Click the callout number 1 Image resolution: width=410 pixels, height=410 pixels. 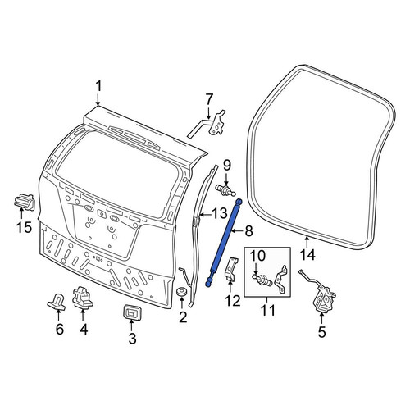coord(98,86)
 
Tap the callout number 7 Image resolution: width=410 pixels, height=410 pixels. coord(209,99)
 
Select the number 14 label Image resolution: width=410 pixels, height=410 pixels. coord(307,255)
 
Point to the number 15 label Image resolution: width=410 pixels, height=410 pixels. coord(25,227)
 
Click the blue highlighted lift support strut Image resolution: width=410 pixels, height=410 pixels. coord(224,243)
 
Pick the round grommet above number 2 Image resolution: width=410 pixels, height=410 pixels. coord(181,292)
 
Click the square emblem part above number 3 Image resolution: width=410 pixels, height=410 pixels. coord(133,312)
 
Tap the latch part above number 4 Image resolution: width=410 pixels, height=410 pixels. coord(82,298)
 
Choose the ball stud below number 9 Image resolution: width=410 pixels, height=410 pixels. coord(225,189)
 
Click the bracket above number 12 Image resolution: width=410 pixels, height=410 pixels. coord(230,269)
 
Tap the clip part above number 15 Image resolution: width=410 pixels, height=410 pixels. coord(24,202)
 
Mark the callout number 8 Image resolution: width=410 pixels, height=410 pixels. coord(248,231)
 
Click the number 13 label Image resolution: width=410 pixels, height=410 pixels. coord(220,213)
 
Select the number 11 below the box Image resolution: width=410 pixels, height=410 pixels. coord(268,310)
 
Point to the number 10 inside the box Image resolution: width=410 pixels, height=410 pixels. coord(257,256)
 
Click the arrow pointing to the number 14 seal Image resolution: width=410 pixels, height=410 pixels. coord(307,242)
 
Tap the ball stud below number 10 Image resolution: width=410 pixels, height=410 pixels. coord(262,280)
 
